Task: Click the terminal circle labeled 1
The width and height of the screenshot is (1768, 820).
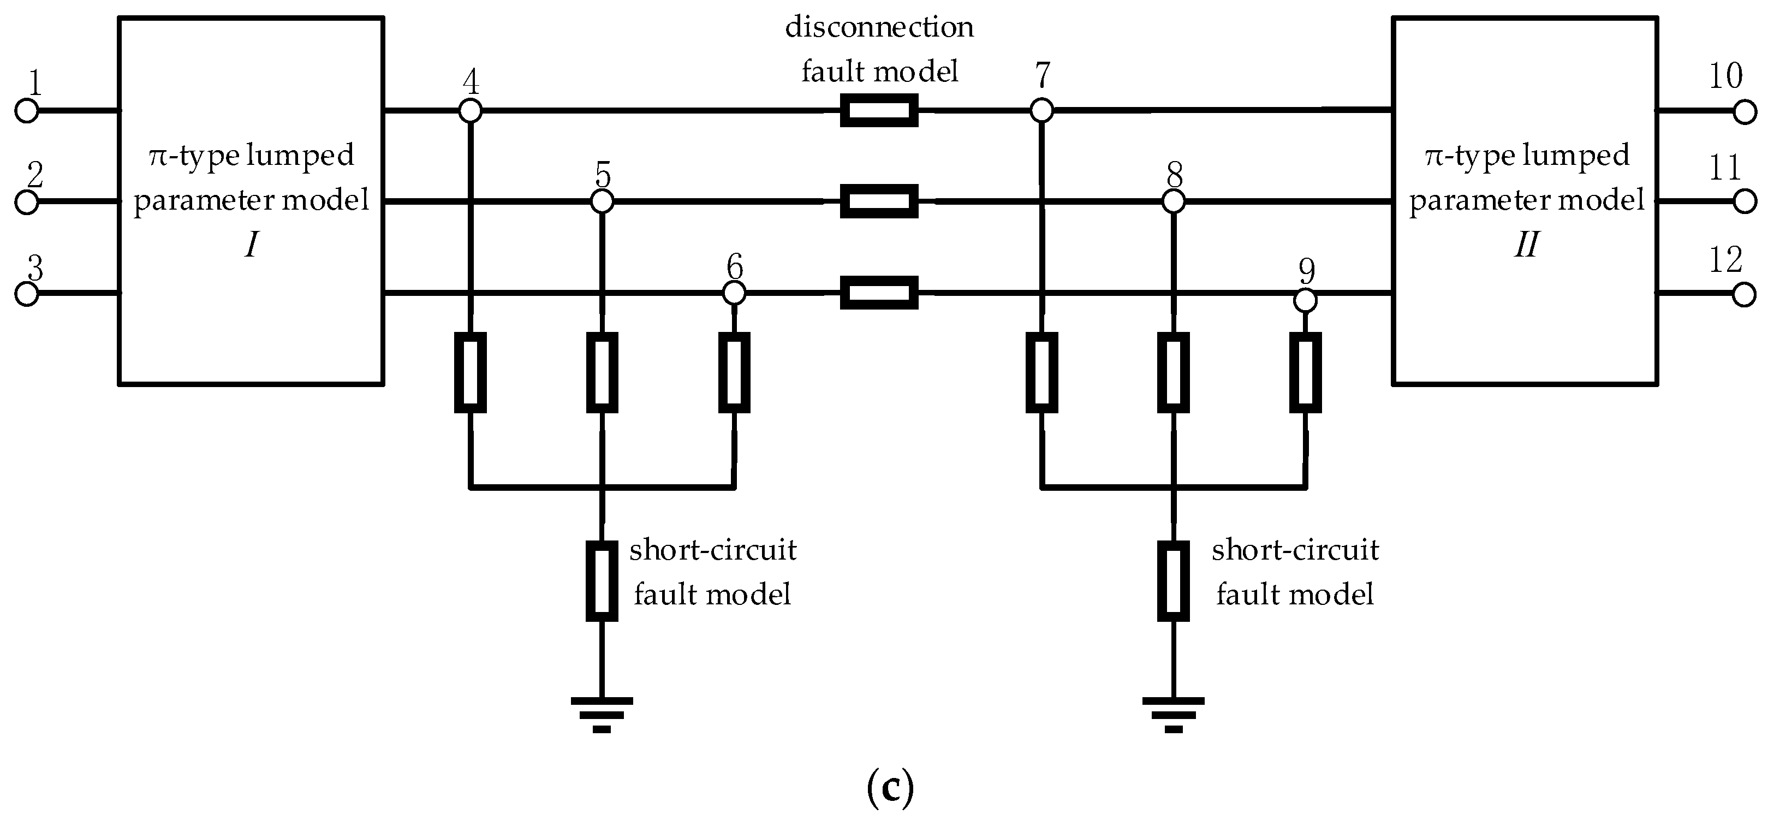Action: click(26, 110)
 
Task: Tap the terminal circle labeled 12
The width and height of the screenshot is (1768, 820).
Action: click(1744, 294)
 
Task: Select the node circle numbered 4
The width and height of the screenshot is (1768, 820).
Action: click(470, 110)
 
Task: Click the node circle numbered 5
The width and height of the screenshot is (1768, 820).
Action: click(602, 202)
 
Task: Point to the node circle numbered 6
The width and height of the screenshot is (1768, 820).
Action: click(734, 294)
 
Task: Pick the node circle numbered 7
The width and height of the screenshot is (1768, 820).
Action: click(1042, 110)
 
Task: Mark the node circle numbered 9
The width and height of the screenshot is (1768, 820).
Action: click(1306, 301)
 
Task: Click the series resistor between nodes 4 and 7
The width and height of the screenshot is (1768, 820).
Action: click(879, 110)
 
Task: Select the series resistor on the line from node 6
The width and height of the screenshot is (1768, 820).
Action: click(879, 293)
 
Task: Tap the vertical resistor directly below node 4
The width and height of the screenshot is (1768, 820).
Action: click(470, 372)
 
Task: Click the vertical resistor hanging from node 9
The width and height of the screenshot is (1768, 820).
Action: click(1306, 372)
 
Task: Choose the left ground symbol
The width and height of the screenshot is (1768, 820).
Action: click(602, 714)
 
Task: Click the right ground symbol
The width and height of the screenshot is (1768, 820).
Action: click(1174, 714)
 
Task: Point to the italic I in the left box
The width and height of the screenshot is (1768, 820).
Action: click(252, 244)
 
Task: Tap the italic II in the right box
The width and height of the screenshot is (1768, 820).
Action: click(1526, 244)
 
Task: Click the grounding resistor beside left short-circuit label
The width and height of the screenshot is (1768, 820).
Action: click(602, 580)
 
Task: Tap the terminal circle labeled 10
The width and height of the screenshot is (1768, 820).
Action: click(1745, 112)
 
